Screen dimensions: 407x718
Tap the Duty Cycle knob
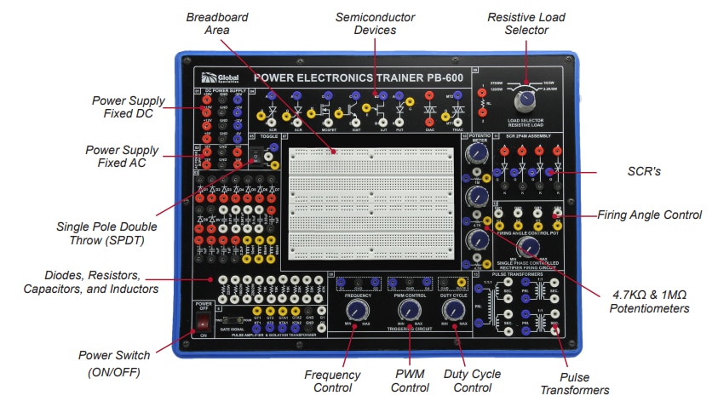coord(454,308)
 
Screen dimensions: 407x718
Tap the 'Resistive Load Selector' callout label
coord(525,24)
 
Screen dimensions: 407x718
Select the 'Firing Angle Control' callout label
coord(650,215)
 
